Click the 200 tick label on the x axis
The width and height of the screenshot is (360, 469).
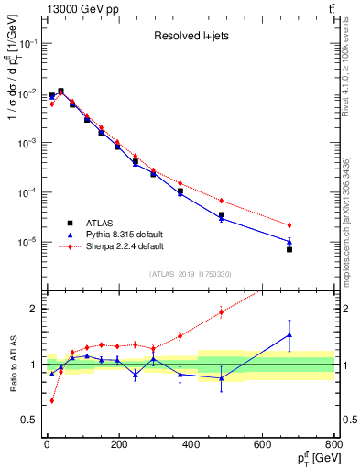[117, 445]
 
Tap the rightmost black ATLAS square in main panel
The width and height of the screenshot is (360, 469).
[289, 249]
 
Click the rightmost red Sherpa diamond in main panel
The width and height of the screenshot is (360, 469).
[289, 225]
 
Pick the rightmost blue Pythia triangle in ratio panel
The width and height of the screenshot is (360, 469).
[289, 335]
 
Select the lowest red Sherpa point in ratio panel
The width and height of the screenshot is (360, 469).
[51, 400]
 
